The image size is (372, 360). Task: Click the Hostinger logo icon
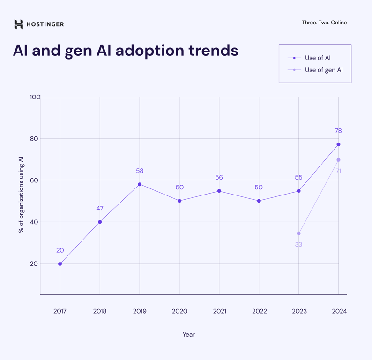18,24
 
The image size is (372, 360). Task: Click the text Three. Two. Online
324,22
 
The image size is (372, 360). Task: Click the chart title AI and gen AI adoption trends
126,50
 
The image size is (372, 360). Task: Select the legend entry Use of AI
317,58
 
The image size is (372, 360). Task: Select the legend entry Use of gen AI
323,70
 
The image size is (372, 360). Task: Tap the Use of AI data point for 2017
60,264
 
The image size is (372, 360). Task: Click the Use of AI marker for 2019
140,184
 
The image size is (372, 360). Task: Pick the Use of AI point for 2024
338,144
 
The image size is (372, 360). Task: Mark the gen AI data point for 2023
298,233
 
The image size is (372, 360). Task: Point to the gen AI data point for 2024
338,160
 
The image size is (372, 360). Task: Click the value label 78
338,131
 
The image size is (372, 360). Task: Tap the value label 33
298,245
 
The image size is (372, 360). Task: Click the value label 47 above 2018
100,209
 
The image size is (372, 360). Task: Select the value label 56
219,178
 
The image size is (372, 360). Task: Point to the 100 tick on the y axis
35,97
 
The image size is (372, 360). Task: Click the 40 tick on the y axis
34,222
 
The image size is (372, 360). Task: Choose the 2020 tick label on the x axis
179,311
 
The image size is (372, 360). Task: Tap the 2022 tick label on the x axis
259,311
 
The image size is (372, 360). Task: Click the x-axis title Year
188,334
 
